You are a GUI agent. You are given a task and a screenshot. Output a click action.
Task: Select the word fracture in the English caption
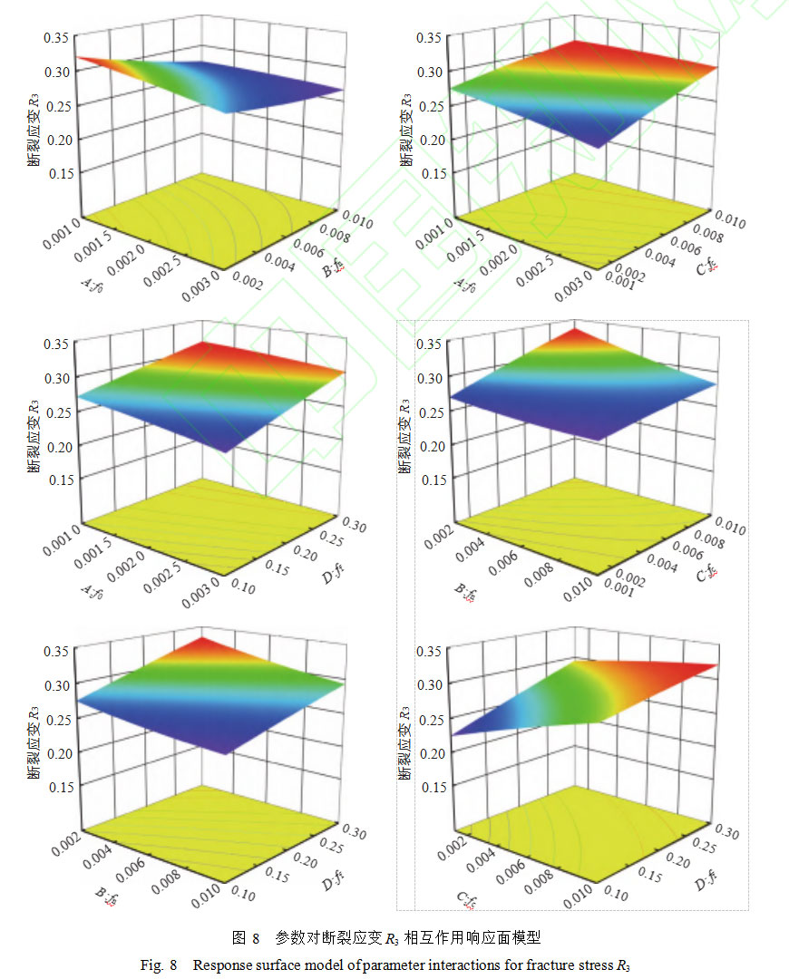pos(534,964)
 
